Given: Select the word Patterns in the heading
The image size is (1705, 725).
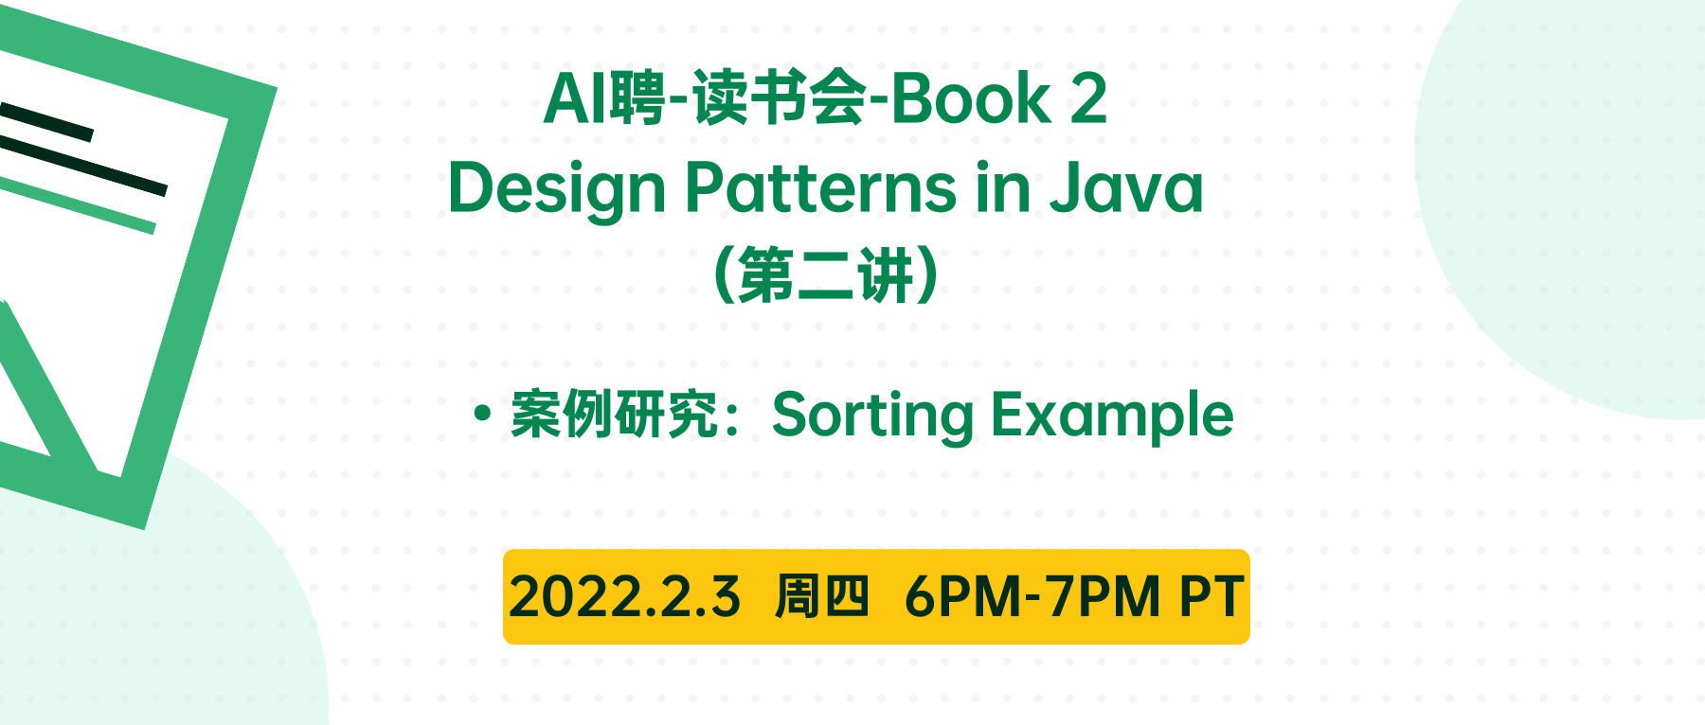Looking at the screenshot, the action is point(820,186).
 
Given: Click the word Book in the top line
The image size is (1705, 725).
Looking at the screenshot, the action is point(971,98).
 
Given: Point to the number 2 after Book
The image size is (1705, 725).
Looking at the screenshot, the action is point(1088,98).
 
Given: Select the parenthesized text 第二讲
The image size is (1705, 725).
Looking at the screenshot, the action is point(826,275).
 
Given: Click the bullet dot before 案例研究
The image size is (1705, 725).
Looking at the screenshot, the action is point(483,414).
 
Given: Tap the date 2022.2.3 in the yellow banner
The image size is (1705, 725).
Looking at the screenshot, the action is point(624,597).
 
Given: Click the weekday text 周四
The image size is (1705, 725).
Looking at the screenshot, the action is point(821,597).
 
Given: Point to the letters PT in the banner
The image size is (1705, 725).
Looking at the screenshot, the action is point(1211,597).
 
